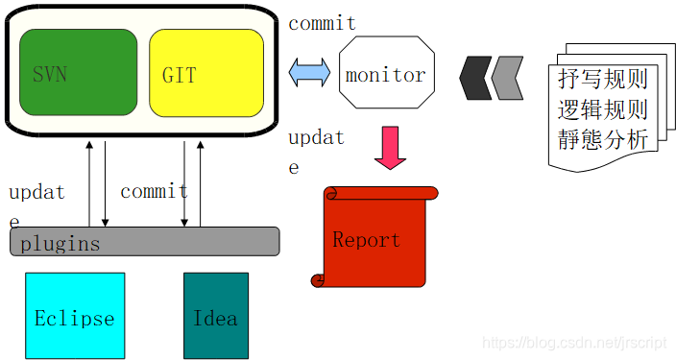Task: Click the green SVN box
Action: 79,72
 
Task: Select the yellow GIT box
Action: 206,73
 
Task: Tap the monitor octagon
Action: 387,72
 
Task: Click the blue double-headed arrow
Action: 309,72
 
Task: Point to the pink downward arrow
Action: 390,148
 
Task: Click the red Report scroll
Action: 374,237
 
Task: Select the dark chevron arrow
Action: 475,78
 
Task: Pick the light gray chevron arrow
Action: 507,78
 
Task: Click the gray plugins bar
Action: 145,241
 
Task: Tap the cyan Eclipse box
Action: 75,316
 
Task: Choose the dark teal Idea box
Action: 216,316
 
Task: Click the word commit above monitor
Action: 322,23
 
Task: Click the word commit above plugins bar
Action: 154,191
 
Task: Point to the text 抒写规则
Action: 603,79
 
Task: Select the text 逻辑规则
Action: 603,109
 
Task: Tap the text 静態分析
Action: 603,140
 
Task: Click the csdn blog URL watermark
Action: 574,343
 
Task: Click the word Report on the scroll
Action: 367,239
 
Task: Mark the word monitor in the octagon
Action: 385,75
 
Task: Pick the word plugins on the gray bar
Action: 60,244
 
